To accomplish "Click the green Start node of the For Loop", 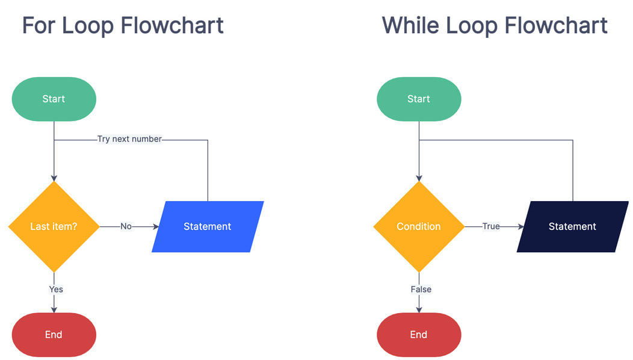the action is pos(54,99).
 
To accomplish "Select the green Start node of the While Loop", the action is pos(419,99).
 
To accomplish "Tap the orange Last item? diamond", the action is pos(54,227).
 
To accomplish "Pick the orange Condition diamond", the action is pos(419,227).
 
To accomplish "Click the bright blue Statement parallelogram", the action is pos(208,227).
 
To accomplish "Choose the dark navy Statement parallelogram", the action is pos(572,227).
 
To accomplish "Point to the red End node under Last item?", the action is pos(54,335).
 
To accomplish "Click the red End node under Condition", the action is pos(419,335).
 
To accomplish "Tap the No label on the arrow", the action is pos(126,227).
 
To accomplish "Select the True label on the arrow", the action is pos(491,227).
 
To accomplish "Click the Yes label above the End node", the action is pos(56,290).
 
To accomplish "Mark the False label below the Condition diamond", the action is pos(421,290).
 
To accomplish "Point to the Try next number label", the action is pos(129,139).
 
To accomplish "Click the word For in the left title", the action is pos(39,25).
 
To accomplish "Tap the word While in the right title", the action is pos(410,25).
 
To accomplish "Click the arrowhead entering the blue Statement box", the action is pos(156,227).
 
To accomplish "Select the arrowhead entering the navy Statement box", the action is pos(520,227).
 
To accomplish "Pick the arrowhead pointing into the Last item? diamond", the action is pos(54,178).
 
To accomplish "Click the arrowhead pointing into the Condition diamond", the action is pos(419,178).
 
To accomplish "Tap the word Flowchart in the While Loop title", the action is pos(556,25).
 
